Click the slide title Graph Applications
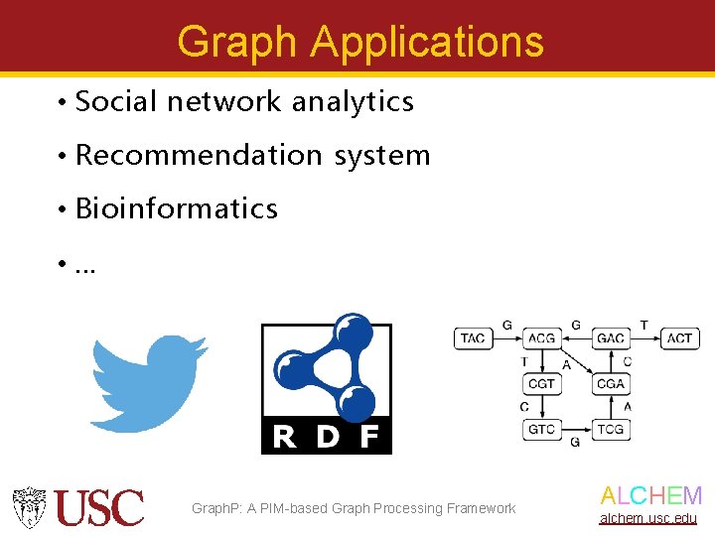click(359, 42)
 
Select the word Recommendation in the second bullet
click(199, 156)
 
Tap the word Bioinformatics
click(176, 208)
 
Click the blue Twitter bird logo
click(149, 382)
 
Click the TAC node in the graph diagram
click(473, 338)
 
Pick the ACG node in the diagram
click(541, 338)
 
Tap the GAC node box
click(610, 338)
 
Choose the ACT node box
click(679, 338)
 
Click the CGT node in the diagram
click(541, 384)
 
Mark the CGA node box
click(610, 384)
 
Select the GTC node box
click(541, 429)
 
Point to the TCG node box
click(610, 429)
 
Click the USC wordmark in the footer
click(99, 507)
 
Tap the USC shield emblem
click(29, 507)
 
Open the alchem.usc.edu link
click(647, 519)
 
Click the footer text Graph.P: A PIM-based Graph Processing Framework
click(354, 508)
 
